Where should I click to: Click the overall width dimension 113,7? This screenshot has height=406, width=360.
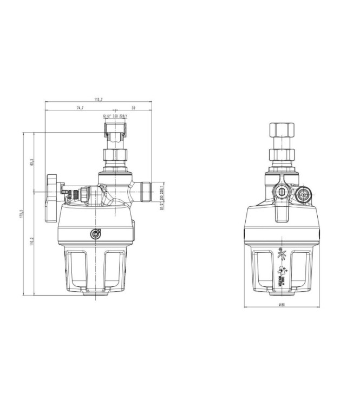pyautogui.click(x=98, y=100)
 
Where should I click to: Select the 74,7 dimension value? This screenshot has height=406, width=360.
pyautogui.click(x=80, y=108)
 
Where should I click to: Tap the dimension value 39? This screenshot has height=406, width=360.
pyautogui.click(x=133, y=108)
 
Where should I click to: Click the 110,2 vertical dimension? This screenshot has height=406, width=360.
pyautogui.click(x=32, y=243)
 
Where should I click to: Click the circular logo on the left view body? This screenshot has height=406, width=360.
pyautogui.click(x=96, y=234)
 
